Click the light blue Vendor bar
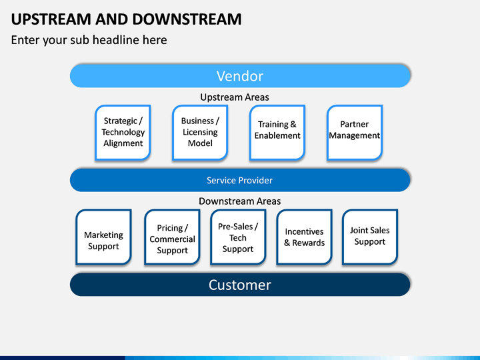pos(240,76)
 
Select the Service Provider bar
pos(240,180)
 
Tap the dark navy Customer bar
pos(240,285)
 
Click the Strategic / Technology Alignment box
pos(123,132)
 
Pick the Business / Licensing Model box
pos(200,132)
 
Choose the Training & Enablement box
pos(277,132)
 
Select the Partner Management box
pos(355,132)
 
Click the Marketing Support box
pos(103,237)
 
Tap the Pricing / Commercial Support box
pos(172,237)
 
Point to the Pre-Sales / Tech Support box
pos(238,237)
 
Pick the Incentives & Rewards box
pos(304,237)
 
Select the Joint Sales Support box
pos(370,237)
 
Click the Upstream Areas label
pos(235,97)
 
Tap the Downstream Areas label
pos(240,201)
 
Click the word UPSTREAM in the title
pos(51,19)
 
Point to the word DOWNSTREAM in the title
pos(187,19)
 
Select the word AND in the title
pos(112,19)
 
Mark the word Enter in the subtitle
pos(25,40)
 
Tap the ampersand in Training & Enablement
pos(293,124)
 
